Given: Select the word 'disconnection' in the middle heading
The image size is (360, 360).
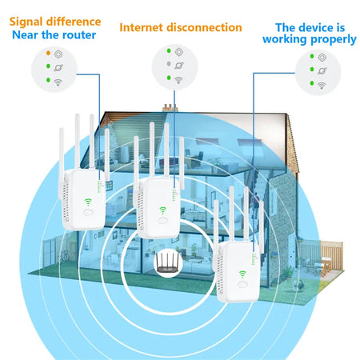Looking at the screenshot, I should click(205, 27).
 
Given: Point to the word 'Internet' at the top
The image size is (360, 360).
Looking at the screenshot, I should click(142, 27).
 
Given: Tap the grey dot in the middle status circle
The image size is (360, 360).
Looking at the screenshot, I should click(168, 62).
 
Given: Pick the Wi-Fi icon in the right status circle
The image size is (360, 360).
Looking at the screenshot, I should click(321, 85).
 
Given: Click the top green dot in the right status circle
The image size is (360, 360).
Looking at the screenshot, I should click(309, 58).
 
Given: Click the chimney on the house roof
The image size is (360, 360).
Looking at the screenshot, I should click(168, 107).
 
